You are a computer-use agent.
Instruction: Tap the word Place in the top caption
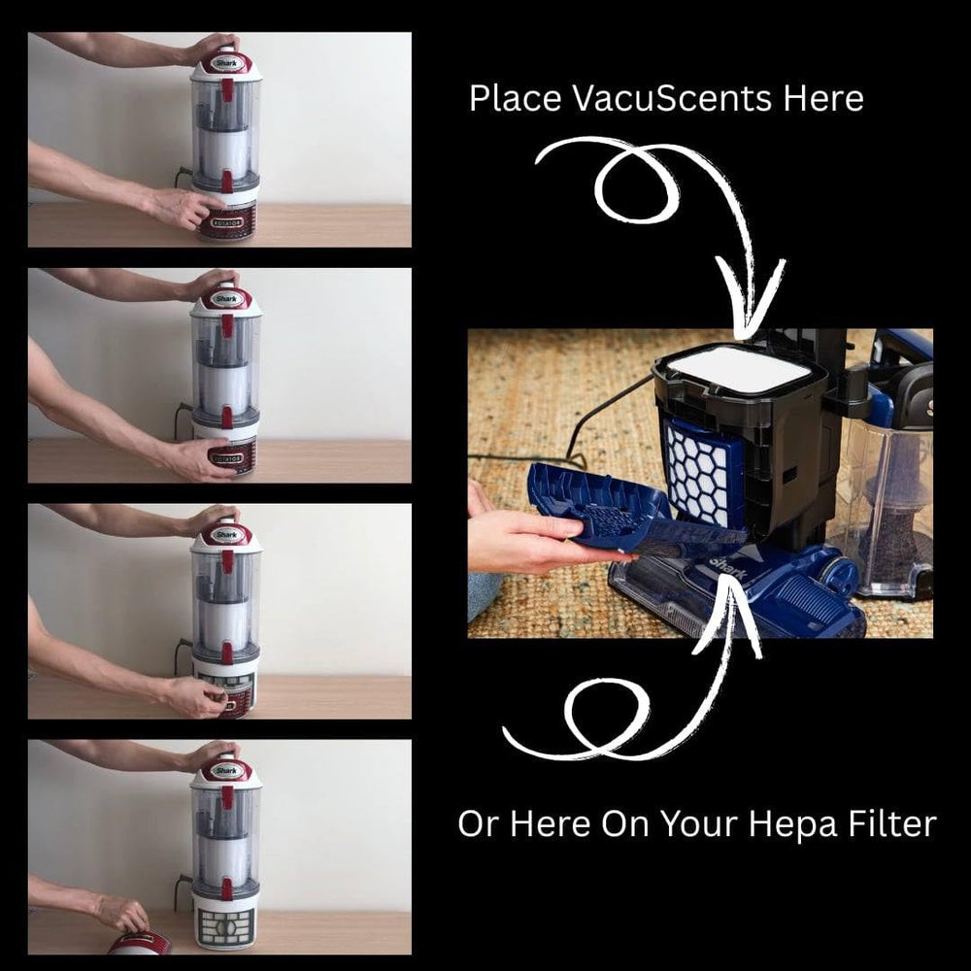point(516,98)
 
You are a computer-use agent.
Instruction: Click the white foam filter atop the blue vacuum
point(740,369)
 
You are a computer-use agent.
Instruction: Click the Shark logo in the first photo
point(225,62)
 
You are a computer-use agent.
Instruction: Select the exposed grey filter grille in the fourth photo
point(225,926)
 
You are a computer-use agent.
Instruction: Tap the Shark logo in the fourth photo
point(225,771)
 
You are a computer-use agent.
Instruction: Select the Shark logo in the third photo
point(225,534)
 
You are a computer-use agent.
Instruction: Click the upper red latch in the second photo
point(227,325)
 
